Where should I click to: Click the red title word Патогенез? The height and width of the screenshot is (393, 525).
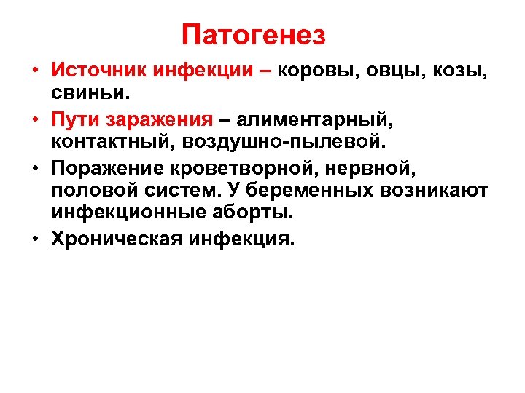[254, 34]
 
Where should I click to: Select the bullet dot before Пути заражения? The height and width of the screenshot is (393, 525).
[34, 119]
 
